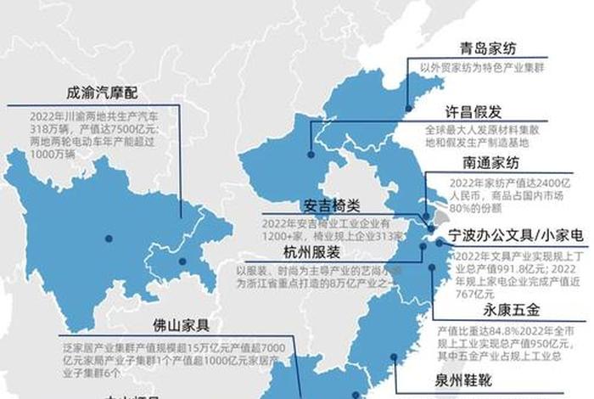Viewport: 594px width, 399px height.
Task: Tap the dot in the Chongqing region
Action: pyautogui.click(x=182, y=261)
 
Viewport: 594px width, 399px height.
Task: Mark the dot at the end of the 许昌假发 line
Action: pyautogui.click(x=311, y=155)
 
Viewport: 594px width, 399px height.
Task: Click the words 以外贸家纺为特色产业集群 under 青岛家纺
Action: pyautogui.click(x=487, y=66)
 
